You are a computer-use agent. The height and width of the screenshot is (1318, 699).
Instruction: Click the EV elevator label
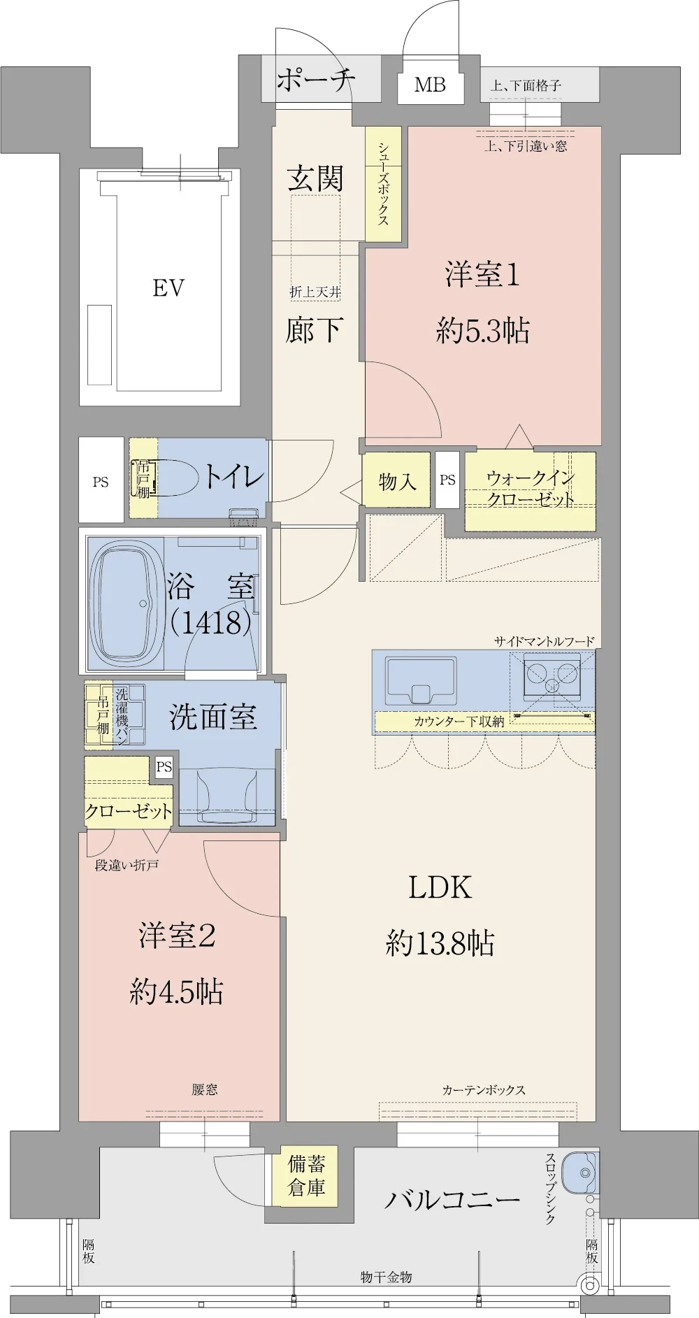click(168, 288)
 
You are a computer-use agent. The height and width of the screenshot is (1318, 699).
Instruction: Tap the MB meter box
click(431, 85)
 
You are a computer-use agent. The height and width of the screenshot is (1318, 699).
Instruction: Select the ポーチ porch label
click(316, 80)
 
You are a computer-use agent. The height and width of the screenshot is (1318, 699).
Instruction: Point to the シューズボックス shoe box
click(383, 184)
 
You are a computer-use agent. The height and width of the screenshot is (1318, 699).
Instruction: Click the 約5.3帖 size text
click(483, 331)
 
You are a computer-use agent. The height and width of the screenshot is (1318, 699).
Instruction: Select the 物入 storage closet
click(396, 480)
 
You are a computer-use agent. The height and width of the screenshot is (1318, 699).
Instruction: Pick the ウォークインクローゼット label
click(531, 489)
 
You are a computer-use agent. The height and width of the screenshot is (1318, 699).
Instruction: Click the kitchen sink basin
click(420, 680)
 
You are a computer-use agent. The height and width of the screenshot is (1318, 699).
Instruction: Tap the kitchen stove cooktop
click(552, 677)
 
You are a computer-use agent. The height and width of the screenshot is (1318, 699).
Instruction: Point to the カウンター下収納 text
click(459, 722)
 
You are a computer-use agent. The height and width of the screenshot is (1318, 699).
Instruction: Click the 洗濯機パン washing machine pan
click(129, 715)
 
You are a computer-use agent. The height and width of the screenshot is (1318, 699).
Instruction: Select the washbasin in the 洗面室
click(226, 796)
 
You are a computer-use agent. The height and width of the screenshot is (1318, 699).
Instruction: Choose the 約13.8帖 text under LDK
click(440, 943)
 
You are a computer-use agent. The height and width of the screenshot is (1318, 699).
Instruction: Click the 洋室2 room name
click(177, 936)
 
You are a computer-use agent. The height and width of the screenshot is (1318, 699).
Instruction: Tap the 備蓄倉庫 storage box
click(306, 1175)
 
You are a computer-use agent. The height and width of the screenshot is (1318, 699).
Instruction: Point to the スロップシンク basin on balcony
click(579, 1173)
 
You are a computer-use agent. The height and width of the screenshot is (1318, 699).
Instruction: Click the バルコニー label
click(452, 1200)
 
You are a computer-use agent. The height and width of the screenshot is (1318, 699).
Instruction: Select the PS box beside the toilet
click(101, 480)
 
